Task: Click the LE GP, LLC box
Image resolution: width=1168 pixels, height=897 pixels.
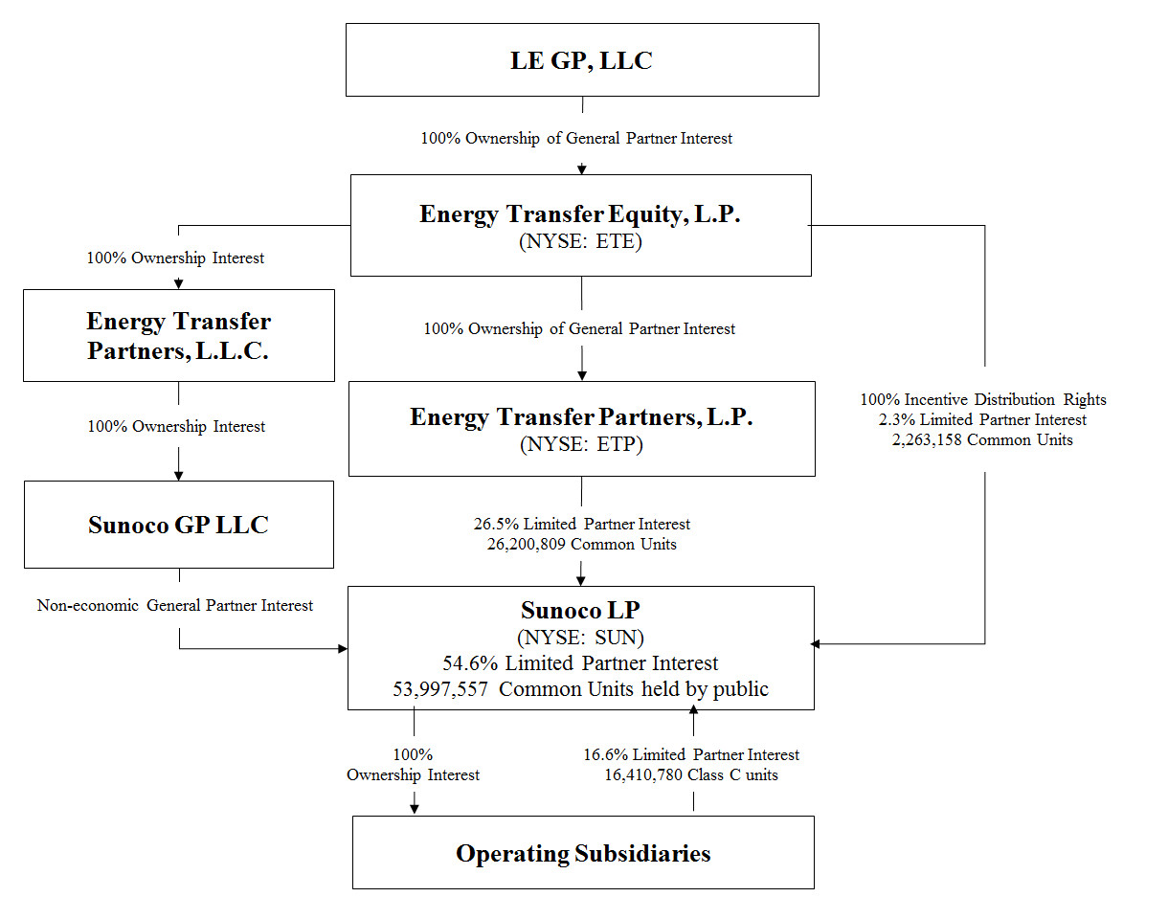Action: (581, 60)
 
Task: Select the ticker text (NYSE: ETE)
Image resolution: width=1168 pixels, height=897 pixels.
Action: (580, 241)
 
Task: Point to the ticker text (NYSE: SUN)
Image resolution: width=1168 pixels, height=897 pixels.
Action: (580, 637)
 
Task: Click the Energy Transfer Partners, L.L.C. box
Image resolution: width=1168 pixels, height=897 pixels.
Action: (179, 335)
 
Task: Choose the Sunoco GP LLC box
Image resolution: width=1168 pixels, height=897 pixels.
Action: (179, 525)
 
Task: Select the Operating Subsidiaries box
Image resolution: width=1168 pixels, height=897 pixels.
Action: (583, 853)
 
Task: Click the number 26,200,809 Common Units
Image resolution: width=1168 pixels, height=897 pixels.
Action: (580, 545)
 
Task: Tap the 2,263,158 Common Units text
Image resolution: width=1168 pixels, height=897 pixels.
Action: (982, 440)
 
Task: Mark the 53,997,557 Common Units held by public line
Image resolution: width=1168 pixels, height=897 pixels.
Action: (580, 688)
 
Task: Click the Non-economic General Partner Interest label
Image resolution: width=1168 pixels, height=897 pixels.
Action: (175, 605)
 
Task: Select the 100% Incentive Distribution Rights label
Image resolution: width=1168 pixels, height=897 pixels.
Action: (982, 399)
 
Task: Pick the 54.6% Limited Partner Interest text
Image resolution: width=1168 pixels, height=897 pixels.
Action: (580, 662)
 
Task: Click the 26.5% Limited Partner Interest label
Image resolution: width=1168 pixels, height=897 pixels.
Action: (581, 525)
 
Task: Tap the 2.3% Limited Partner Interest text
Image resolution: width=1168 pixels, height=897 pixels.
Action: (982, 419)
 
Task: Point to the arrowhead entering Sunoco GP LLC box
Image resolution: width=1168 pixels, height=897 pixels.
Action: (179, 474)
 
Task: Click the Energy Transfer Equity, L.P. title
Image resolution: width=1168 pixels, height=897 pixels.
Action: (580, 214)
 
